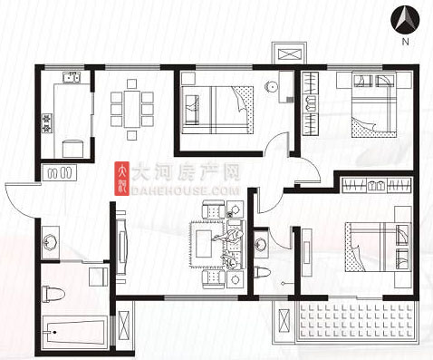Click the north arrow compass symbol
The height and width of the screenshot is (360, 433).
(x=405, y=19)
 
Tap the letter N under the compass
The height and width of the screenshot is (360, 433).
(x=405, y=42)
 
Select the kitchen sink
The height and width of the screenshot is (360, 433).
(x=72, y=77)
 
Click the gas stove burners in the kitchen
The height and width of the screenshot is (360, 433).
(x=47, y=123)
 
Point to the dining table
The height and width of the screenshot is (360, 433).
(x=132, y=109)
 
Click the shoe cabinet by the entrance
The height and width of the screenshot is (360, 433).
(x=59, y=172)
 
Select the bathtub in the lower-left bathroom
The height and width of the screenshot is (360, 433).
(x=75, y=332)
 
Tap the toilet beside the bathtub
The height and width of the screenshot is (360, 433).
(x=53, y=294)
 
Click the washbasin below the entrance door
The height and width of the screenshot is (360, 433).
(x=50, y=243)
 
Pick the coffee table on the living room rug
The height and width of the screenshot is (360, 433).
(x=204, y=244)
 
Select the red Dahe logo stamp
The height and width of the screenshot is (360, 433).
(x=121, y=179)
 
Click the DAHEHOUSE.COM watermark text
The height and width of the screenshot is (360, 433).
(x=186, y=191)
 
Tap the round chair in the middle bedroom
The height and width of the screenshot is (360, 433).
(x=271, y=87)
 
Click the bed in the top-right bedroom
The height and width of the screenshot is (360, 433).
(x=374, y=105)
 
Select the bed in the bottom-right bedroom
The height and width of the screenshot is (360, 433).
(x=378, y=247)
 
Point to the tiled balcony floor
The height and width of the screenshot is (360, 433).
(x=357, y=321)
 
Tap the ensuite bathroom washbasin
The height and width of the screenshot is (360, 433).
(x=261, y=244)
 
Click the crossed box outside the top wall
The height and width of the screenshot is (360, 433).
(x=289, y=55)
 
